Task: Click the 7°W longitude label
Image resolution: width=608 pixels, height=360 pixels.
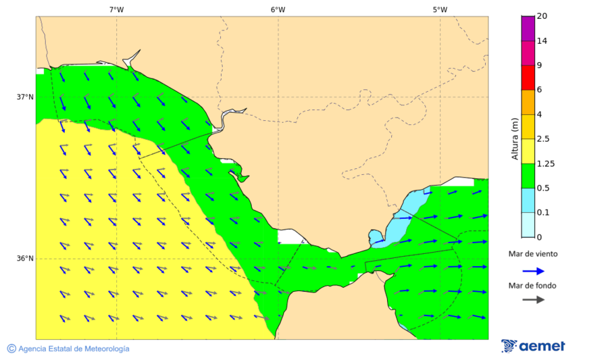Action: pos(116,9)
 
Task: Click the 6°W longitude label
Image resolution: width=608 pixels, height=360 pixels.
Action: pos(278,9)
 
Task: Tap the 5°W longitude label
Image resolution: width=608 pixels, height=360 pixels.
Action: pos(440,9)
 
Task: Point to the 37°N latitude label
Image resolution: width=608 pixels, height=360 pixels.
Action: pos(25,97)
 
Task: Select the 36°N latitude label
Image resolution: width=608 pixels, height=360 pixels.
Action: pos(25,258)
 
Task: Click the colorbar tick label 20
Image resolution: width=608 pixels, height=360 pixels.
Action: pos(542,16)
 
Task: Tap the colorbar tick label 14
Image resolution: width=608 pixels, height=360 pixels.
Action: pos(542,41)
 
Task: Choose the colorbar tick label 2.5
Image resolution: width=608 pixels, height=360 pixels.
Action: pos(543,139)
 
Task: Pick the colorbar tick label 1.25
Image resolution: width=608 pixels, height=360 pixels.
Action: pos(545,163)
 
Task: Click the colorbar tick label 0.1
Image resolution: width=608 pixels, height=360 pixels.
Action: pos(543,213)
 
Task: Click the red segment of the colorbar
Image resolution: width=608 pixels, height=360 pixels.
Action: pos(528,77)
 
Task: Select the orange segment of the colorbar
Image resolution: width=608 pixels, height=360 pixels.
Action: pos(528,102)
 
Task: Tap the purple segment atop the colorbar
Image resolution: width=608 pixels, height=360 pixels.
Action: pos(528,28)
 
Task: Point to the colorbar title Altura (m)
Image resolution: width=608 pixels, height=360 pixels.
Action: pos(515,138)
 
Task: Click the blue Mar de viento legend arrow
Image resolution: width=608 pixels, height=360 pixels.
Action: pos(533,271)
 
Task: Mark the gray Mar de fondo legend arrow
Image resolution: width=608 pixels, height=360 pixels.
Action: pos(533,299)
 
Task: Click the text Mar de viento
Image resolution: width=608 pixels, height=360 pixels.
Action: pos(533,254)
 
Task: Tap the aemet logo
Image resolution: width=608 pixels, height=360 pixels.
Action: pos(533,346)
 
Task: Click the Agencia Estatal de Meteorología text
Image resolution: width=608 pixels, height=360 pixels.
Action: pos(74,349)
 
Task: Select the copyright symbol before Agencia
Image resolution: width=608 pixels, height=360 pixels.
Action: pos(11,349)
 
